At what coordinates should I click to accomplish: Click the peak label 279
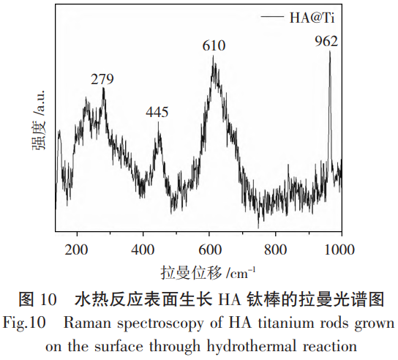102,80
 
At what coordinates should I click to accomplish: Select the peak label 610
214,46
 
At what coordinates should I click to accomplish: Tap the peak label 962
326,40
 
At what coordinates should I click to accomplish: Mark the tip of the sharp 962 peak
330,52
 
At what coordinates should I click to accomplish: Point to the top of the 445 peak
159,123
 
